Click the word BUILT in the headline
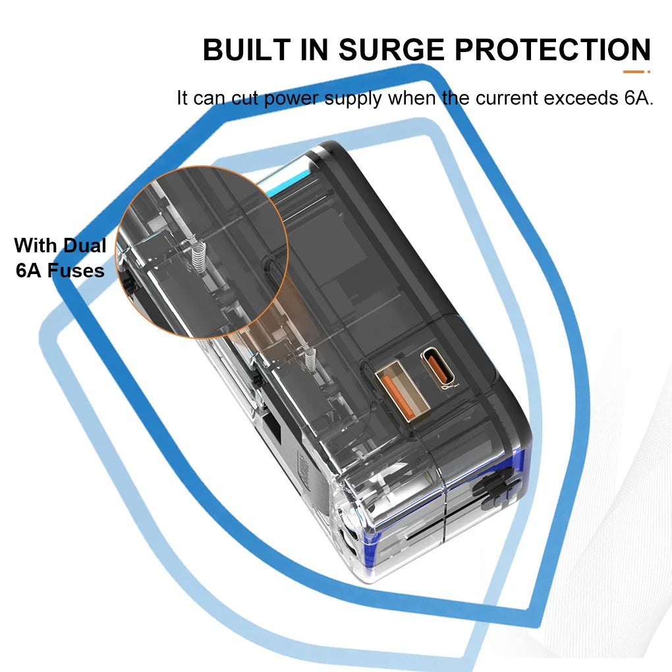pyautogui.click(x=246, y=49)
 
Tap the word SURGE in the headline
pyautogui.click(x=392, y=49)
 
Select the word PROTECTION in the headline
pyautogui.click(x=553, y=49)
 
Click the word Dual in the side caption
pyautogui.click(x=85, y=246)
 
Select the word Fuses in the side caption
pyautogui.click(x=76, y=271)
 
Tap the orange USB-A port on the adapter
pyautogui.click(x=402, y=391)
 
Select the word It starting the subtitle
pyautogui.click(x=182, y=98)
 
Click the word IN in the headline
pyautogui.click(x=314, y=49)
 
